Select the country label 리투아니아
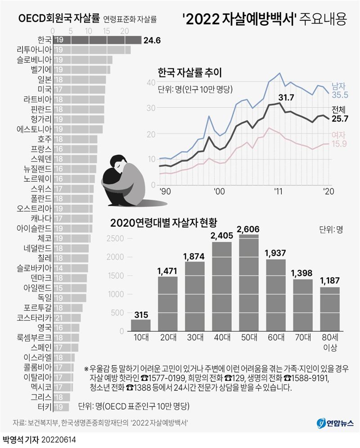33,49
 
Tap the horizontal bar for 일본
80,80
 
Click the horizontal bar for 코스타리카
67,318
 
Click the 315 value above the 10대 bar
141,314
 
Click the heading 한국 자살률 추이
190,72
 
